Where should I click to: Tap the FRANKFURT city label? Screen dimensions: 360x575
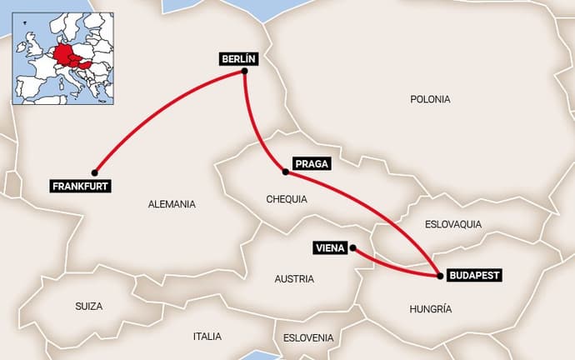pyautogui.click(x=80, y=186)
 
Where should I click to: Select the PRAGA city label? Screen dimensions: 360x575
pyautogui.click(x=312, y=164)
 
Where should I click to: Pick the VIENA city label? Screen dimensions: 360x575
pyautogui.click(x=330, y=247)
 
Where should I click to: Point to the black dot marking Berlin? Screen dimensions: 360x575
pyautogui.click(x=245, y=72)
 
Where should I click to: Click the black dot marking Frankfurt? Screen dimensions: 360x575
pyautogui.click(x=94, y=172)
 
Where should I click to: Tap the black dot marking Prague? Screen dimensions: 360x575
pyautogui.click(x=286, y=172)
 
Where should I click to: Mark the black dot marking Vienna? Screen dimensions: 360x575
pyautogui.click(x=352, y=247)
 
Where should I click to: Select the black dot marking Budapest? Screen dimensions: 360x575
pyautogui.click(x=439, y=274)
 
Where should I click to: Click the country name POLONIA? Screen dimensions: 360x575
pyautogui.click(x=430, y=99)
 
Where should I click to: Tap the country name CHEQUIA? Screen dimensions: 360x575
pyautogui.click(x=287, y=200)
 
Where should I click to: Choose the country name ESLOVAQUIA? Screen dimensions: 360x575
pyautogui.click(x=453, y=224)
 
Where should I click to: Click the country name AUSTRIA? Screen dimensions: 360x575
pyautogui.click(x=294, y=279)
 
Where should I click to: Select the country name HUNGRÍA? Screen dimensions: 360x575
pyautogui.click(x=431, y=309)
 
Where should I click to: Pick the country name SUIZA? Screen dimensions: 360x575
pyautogui.click(x=88, y=307)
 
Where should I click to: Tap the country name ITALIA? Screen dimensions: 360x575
pyautogui.click(x=207, y=337)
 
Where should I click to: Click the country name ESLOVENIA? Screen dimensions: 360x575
pyautogui.click(x=308, y=337)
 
